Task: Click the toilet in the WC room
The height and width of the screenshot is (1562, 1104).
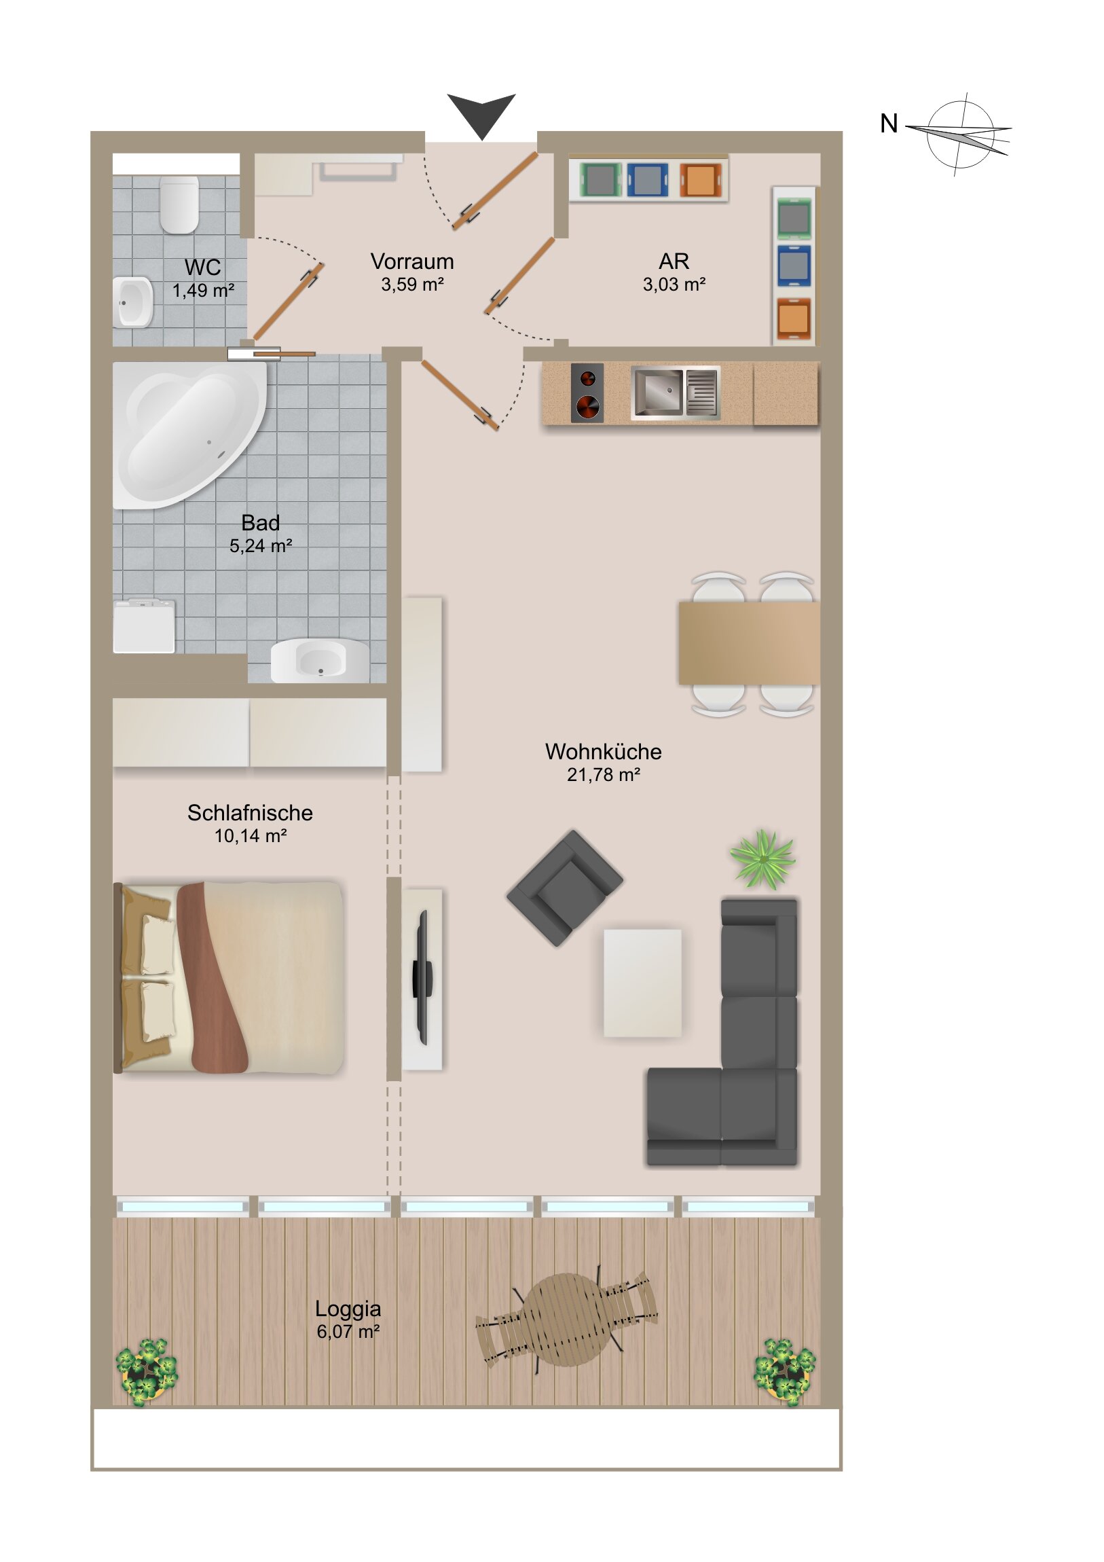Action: click(179, 204)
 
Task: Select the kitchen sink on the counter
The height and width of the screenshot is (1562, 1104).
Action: click(676, 393)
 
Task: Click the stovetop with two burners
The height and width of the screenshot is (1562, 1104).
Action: click(587, 393)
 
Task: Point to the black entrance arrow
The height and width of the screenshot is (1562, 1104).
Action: click(481, 114)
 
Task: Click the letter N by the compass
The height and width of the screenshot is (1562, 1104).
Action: click(888, 124)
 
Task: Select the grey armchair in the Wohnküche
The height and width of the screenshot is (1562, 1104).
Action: click(565, 888)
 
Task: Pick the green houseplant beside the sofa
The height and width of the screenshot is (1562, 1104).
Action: click(762, 859)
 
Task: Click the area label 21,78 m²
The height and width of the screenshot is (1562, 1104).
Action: click(604, 775)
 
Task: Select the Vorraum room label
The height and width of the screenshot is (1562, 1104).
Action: click(412, 262)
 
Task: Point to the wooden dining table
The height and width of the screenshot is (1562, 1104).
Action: click(749, 643)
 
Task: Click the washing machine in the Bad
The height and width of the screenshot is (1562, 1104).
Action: click(144, 626)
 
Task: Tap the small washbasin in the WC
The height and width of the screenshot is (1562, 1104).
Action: click(133, 302)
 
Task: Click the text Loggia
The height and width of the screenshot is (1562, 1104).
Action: click(348, 1308)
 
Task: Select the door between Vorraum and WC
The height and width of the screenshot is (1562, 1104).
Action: click(288, 302)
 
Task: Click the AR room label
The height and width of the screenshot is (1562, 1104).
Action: click(674, 261)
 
